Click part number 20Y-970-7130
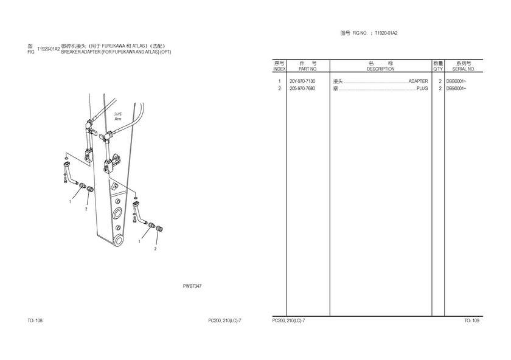tap(302, 81)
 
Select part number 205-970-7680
tap(302, 89)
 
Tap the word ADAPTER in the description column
tap(418, 81)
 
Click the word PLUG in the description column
tap(422, 89)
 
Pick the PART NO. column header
tap(308, 69)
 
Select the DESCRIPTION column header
tap(381, 69)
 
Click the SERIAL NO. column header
tap(464, 69)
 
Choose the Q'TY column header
tap(438, 69)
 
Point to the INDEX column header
tap(279, 69)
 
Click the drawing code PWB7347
tap(192, 286)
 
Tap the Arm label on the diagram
tap(118, 119)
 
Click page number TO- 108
tap(35, 320)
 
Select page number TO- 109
tap(471, 320)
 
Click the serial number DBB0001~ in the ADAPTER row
tap(456, 81)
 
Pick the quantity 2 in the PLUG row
tap(440, 89)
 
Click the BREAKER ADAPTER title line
tap(116, 52)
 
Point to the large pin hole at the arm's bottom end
tap(119, 240)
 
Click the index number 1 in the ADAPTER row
tap(279, 81)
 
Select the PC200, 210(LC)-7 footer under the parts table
tap(289, 320)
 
